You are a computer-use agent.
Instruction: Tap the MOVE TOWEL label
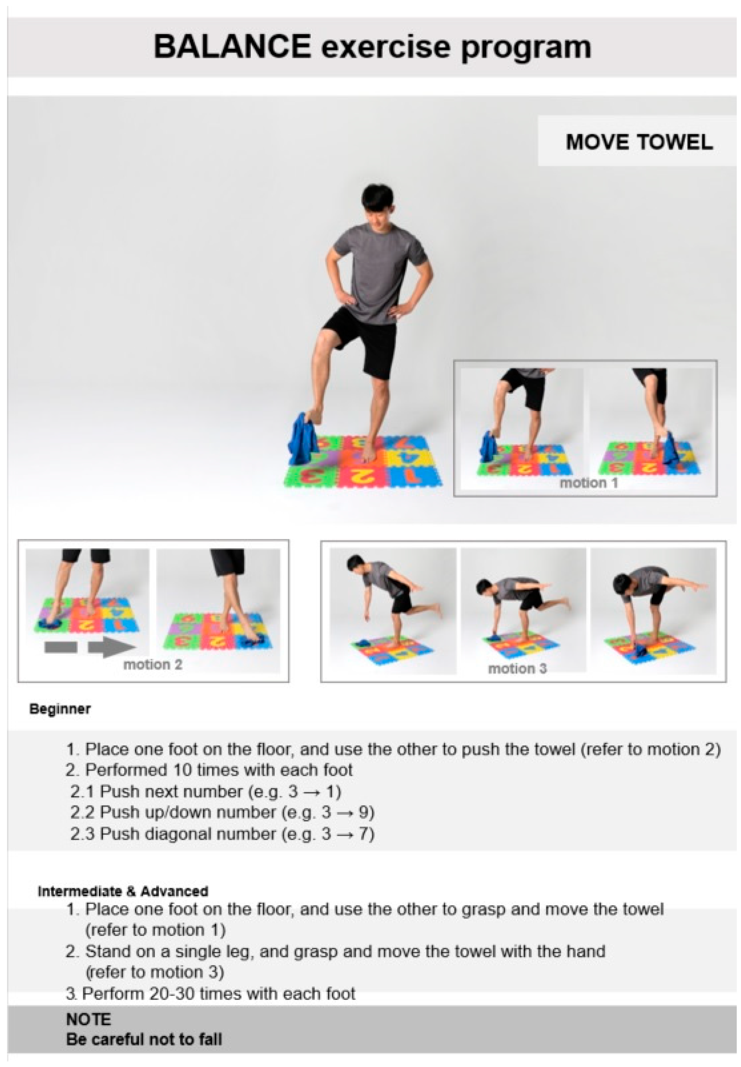click(x=639, y=142)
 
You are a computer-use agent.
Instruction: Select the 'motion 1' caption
click(x=589, y=483)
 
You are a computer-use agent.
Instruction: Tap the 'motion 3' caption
click(x=517, y=668)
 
